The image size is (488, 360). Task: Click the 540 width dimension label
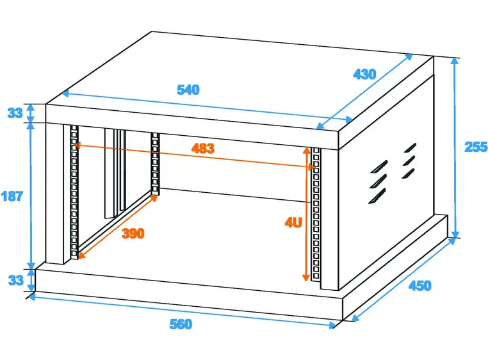point(188,90)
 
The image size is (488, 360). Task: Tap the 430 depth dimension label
point(364,74)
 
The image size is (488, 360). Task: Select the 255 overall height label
point(475,146)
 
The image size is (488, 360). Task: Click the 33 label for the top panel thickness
point(14,113)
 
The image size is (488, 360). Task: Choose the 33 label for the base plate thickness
point(14,280)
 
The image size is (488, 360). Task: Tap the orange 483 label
point(202,149)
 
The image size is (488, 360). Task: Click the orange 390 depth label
point(133,233)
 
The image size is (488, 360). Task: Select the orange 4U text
point(293,224)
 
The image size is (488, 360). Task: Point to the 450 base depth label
point(419,285)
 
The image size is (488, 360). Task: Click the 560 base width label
point(181,325)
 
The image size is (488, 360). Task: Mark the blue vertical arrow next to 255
point(455,147)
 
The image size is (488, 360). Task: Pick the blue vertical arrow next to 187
point(29,196)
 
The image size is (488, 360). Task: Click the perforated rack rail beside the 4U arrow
point(315,215)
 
